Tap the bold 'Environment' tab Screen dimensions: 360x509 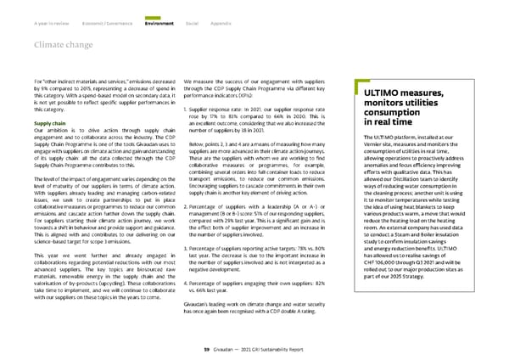click(x=159, y=11)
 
